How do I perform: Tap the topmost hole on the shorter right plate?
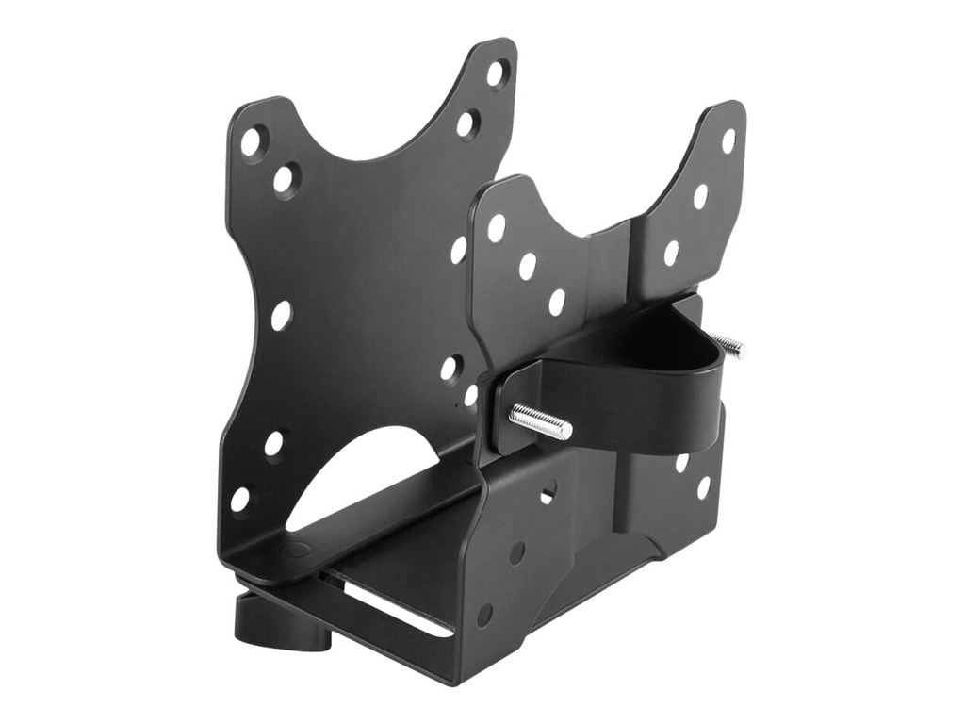coord(728,140)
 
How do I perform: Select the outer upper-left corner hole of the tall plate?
coord(252,141)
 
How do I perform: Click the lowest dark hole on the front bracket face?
coord(484,615)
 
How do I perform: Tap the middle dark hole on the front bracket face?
coord(516,551)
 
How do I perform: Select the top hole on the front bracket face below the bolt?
coord(547,491)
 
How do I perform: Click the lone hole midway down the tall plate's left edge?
coord(281,315)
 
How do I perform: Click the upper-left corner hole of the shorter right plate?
coord(497,227)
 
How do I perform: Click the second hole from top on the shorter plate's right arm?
coord(700,196)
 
